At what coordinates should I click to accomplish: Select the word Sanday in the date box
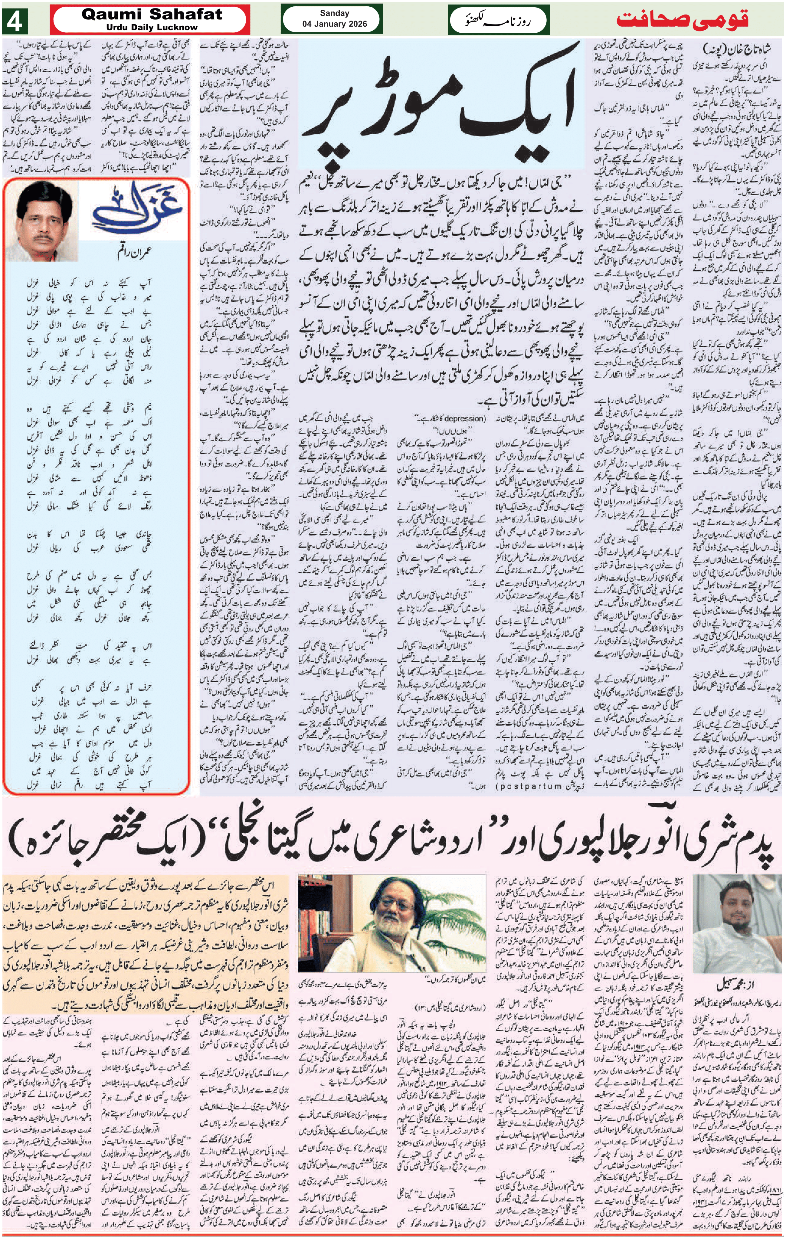coord(334,13)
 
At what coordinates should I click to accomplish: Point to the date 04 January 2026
coord(334,24)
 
